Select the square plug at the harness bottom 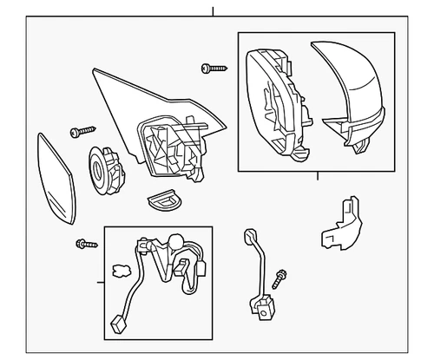coord(119,323)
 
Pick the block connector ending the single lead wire coord(262,304)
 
